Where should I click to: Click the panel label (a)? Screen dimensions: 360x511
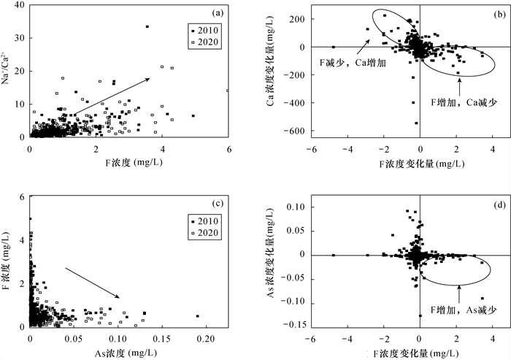click(217, 13)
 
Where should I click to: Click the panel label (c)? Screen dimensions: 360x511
click(217, 202)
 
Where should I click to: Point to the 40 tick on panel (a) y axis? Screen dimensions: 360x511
click(20, 6)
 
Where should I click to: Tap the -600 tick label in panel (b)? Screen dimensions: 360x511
click(296, 131)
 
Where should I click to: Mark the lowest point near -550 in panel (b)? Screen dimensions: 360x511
click(417, 123)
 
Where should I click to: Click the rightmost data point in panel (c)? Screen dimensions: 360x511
click(197, 316)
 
